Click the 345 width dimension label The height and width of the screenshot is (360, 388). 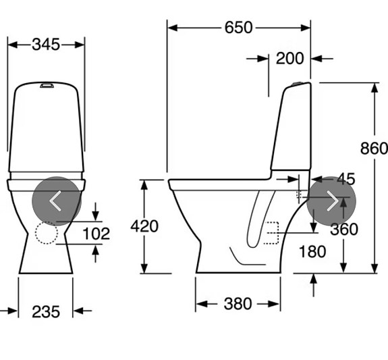46,44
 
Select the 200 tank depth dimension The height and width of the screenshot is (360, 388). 289,58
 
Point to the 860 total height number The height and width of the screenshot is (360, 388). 374,149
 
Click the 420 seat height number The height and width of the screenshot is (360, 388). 144,226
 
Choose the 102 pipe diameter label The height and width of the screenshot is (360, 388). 96,233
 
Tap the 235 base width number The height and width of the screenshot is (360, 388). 46,311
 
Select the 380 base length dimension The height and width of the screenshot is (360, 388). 238,304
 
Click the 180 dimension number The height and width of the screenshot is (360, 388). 312,252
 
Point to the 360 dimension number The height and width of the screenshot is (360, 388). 343,230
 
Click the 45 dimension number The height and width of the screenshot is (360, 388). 345,179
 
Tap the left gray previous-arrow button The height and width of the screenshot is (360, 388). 57,201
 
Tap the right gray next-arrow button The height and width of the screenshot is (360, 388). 331,201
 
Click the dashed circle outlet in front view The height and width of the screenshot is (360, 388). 47,232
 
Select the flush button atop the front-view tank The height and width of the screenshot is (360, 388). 46,86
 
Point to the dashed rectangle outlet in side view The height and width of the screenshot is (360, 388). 272,232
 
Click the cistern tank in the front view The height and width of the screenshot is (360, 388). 46,128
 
